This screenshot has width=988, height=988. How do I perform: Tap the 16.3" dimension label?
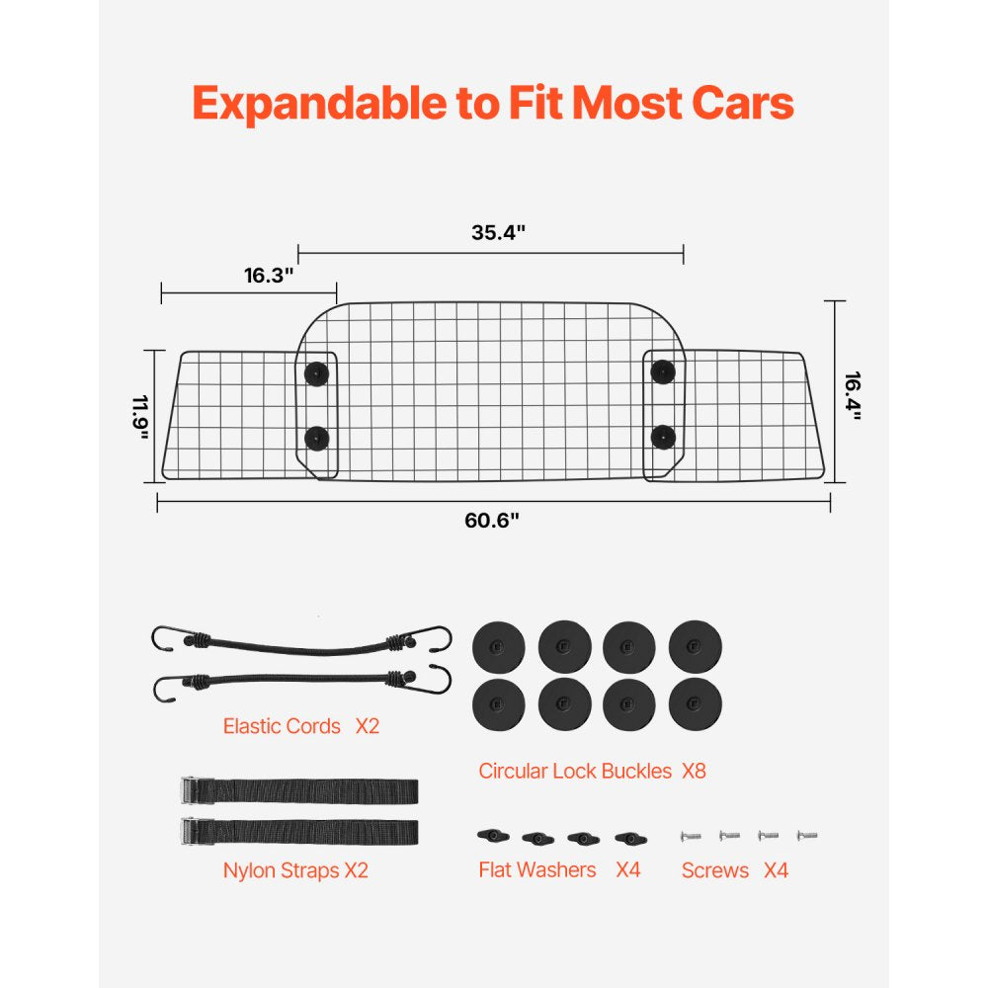pyautogui.click(x=270, y=276)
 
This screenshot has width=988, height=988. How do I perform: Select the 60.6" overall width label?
pyautogui.click(x=492, y=521)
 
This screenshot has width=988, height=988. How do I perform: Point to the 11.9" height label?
pyautogui.click(x=139, y=418)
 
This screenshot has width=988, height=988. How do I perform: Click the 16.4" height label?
pyautogui.click(x=852, y=396)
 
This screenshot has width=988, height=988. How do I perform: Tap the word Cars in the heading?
pyautogui.click(x=744, y=102)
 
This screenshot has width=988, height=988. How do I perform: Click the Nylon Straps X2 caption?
pyautogui.click(x=295, y=870)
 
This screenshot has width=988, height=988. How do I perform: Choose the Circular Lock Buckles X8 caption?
pyautogui.click(x=592, y=771)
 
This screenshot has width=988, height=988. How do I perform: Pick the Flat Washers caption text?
pyautogui.click(x=537, y=870)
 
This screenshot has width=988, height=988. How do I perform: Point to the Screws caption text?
pyautogui.click(x=715, y=870)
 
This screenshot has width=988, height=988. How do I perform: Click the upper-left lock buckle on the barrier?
pyautogui.click(x=316, y=372)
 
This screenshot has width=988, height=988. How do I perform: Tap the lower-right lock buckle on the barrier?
pyautogui.click(x=662, y=435)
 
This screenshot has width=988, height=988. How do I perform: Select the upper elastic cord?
pyautogui.click(x=301, y=643)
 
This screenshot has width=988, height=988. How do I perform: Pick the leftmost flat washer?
pyautogui.click(x=490, y=836)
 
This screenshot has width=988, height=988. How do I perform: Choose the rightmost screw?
pyautogui.click(x=807, y=836)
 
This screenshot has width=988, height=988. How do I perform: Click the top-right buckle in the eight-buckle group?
pyautogui.click(x=696, y=648)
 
